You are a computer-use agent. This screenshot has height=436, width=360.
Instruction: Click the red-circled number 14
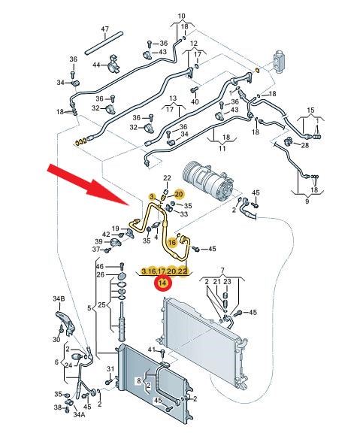coord(163,283)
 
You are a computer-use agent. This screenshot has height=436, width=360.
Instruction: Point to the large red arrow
coord(89,185)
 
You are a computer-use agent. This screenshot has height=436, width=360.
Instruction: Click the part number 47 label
coord(104,29)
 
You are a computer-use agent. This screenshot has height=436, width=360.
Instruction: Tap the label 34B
coord(59,298)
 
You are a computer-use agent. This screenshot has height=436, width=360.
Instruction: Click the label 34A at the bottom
coord(79,414)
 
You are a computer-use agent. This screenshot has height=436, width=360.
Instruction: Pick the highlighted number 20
coord(179,194)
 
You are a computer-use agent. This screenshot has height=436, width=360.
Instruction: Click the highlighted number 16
coord(172,242)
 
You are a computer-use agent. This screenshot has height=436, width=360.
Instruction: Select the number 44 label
coord(96,65)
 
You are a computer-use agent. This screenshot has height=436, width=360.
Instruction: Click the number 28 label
coord(305,145)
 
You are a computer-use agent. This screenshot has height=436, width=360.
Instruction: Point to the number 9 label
coord(307,201)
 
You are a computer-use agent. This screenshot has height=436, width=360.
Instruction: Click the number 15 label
coord(310,110)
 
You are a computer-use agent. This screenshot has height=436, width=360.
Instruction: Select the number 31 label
coord(110,368)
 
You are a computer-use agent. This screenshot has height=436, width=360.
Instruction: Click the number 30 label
coord(56,340)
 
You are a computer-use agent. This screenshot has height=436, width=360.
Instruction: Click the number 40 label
coord(195,101)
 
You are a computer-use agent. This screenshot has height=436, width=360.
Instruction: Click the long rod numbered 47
coord(104,44)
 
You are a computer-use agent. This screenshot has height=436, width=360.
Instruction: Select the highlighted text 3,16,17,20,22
coord(165,271)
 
